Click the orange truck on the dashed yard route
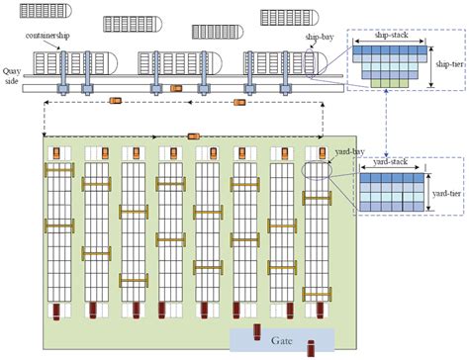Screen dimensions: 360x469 coord(193,136)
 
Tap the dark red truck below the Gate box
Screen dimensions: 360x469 coord(311,349)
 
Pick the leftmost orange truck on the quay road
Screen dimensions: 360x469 coord(116,100)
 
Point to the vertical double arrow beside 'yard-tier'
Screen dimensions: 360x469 coord(428,194)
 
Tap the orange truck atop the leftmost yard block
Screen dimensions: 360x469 coord(59,151)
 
